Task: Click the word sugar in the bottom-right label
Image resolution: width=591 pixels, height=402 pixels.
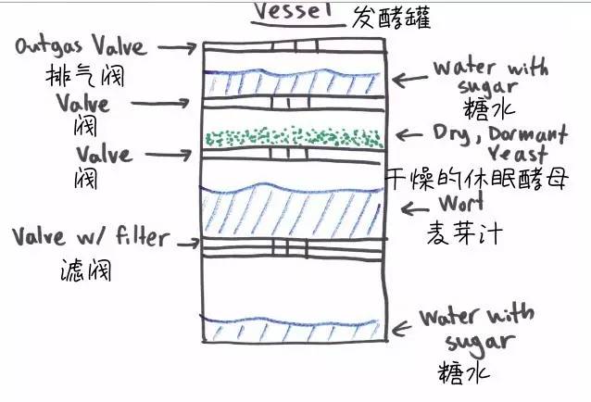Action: click(478, 343)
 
